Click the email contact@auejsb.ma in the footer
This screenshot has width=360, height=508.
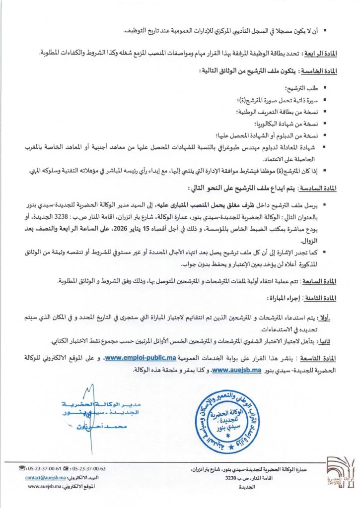coord(44,478)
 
